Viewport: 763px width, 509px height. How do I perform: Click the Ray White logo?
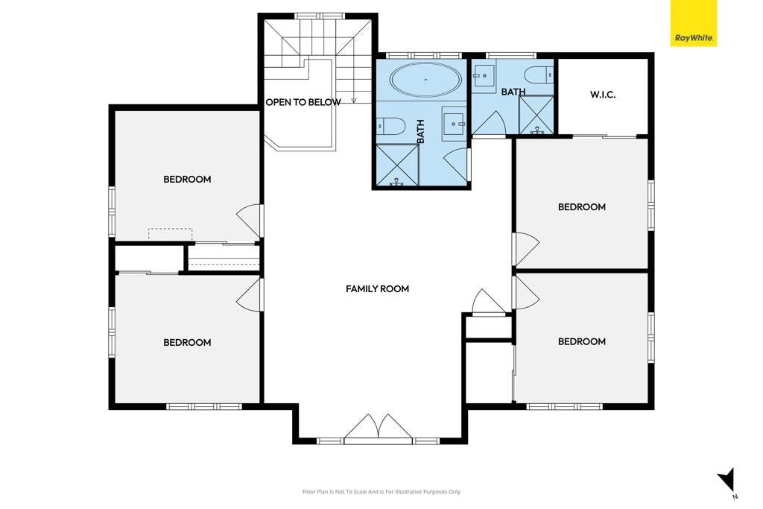pos(694,23)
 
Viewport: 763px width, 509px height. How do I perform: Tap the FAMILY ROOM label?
pos(377,288)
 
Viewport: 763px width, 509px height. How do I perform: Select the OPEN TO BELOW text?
pos(303,102)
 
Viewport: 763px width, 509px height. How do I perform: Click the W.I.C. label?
pos(603,95)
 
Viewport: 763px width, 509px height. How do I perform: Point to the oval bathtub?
pos(425,79)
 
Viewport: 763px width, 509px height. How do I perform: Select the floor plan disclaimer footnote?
pos(381,491)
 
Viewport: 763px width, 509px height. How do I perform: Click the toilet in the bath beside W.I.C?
pos(539,75)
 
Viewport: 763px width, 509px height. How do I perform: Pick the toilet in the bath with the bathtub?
pos(391,127)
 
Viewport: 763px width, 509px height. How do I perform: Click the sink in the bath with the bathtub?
pos(454,124)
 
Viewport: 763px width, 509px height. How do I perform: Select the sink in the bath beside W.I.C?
pos(484,75)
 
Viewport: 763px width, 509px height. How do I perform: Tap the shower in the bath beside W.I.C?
pos(536,115)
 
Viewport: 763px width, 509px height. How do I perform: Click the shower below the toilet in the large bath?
pos(398,165)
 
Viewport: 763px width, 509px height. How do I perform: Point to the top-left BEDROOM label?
pos(187,179)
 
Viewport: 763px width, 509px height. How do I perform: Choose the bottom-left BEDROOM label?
pos(187,342)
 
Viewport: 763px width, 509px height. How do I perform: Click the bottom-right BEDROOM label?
pos(581,341)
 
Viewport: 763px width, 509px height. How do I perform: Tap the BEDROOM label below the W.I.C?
pos(581,207)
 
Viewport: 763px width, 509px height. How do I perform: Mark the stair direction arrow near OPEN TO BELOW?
pos(354,94)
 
